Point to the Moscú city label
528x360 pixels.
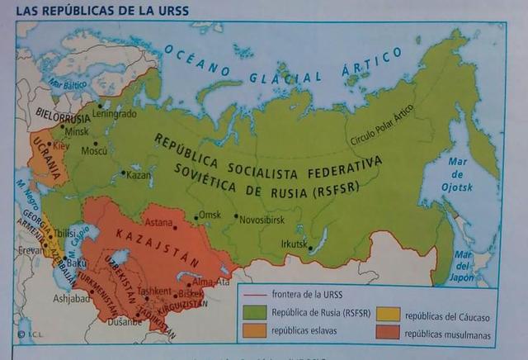94,151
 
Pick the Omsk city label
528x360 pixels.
211,216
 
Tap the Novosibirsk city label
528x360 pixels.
262,220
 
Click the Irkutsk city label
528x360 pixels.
293,244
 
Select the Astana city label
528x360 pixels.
158,223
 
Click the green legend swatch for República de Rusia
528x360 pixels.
256,313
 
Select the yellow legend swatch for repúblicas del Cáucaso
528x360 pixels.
389,313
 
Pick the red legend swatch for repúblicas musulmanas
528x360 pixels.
389,332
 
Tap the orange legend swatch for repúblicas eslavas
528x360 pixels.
256,332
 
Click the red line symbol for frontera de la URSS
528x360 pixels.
256,295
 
